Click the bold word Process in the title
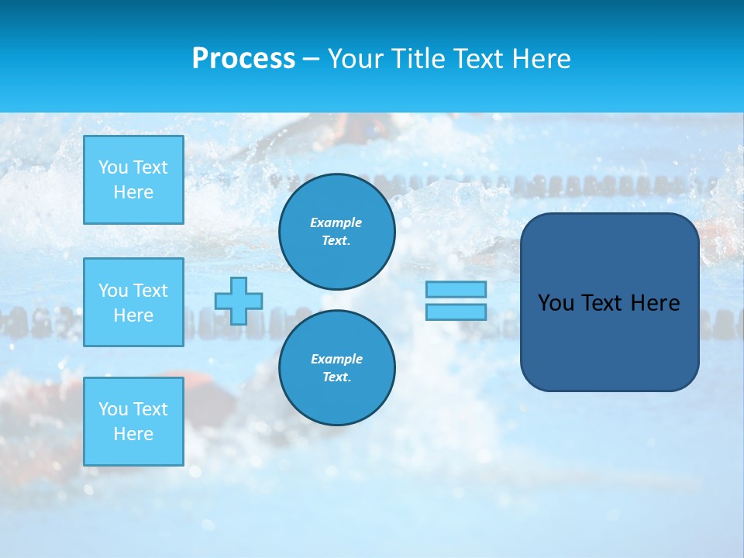pyautogui.click(x=243, y=59)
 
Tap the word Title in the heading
pyautogui.click(x=418, y=59)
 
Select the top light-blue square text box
pyautogui.click(x=133, y=180)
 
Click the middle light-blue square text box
pyautogui.click(x=133, y=302)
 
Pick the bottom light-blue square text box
pyautogui.click(x=133, y=422)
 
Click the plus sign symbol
pyautogui.click(x=239, y=301)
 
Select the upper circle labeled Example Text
pyautogui.click(x=337, y=232)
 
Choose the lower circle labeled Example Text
pyautogui.click(x=337, y=368)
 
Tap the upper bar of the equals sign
pyautogui.click(x=456, y=289)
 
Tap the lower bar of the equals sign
pyautogui.click(x=456, y=312)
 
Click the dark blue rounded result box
pyautogui.click(x=610, y=341)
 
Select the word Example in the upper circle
pyautogui.click(x=336, y=222)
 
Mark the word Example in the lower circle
pyautogui.click(x=336, y=359)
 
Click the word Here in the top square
pyautogui.click(x=133, y=192)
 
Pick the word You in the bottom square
pyautogui.click(x=113, y=409)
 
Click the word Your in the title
pyautogui.click(x=356, y=59)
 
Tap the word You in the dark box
pyautogui.click(x=556, y=303)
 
